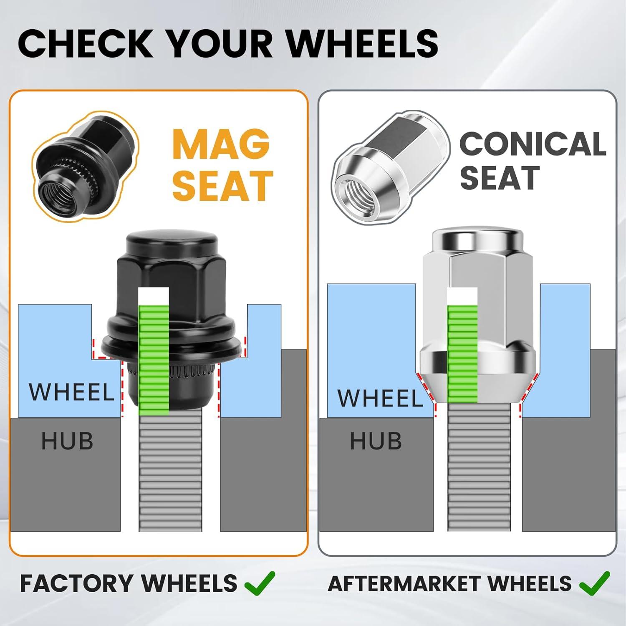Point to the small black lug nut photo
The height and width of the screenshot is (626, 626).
point(86,166)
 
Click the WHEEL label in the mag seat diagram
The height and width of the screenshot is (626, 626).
point(71,392)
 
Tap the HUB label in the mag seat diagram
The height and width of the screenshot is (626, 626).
point(67,441)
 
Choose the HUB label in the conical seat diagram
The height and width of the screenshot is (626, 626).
point(376,441)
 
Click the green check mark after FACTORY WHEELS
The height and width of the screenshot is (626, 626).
point(260,583)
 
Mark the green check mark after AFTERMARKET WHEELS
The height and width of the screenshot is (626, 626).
point(595,583)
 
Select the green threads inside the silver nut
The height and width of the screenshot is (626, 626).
point(462,353)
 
